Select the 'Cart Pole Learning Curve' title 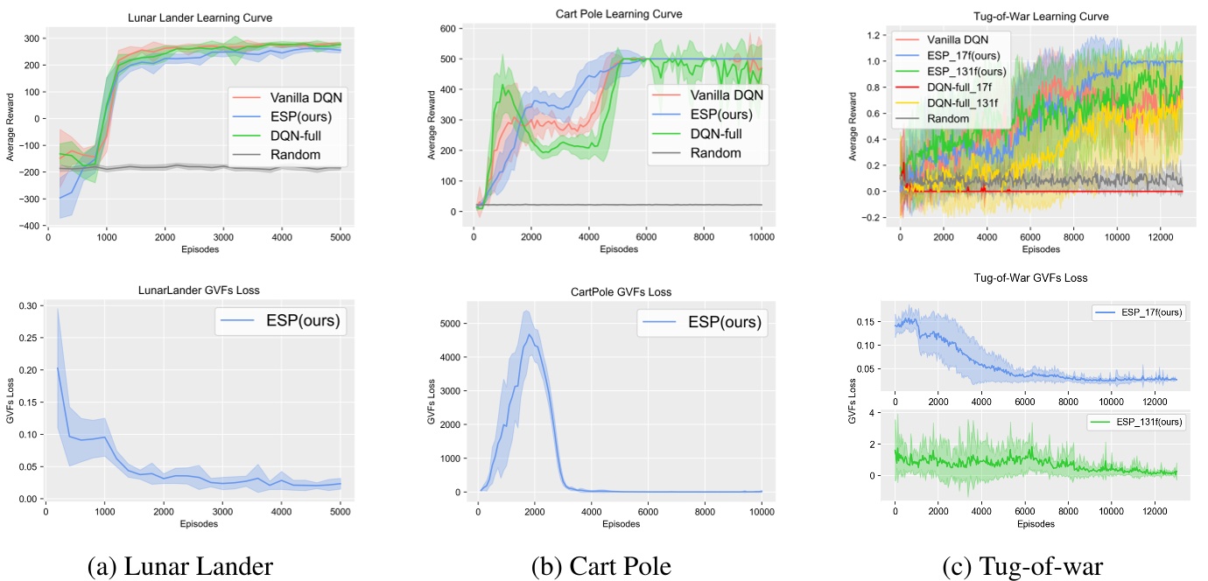click(x=618, y=14)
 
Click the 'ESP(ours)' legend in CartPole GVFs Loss click(x=723, y=323)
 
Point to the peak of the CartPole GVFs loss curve click(x=530, y=334)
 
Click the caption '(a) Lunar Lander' click(x=180, y=566)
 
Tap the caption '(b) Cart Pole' click(x=601, y=566)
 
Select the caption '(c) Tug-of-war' click(x=1022, y=566)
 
